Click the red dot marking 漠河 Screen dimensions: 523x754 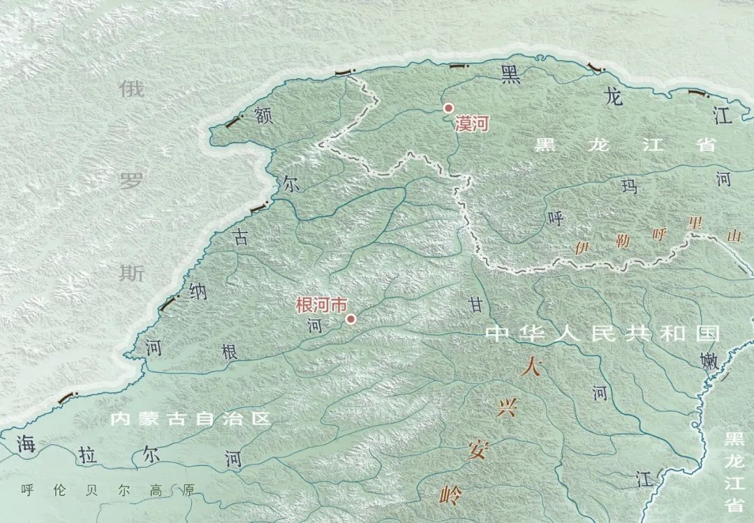click(449, 108)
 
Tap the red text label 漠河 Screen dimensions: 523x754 click(471, 125)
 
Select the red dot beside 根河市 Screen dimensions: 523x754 click(351, 319)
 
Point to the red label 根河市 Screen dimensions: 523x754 click(321, 306)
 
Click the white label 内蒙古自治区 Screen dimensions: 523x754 click(191, 419)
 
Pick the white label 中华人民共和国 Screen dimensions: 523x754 click(602, 333)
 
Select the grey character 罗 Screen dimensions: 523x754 click(131, 182)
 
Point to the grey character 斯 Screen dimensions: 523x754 click(131, 273)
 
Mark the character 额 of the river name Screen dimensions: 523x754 click(263, 116)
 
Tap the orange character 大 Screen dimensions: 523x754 click(530, 366)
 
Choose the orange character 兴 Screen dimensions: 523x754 click(505, 409)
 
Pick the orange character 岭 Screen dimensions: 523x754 click(451, 495)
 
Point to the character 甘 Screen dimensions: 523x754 click(475, 304)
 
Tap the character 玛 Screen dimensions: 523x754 click(630, 186)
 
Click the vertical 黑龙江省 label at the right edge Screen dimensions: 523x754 click(734, 471)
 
